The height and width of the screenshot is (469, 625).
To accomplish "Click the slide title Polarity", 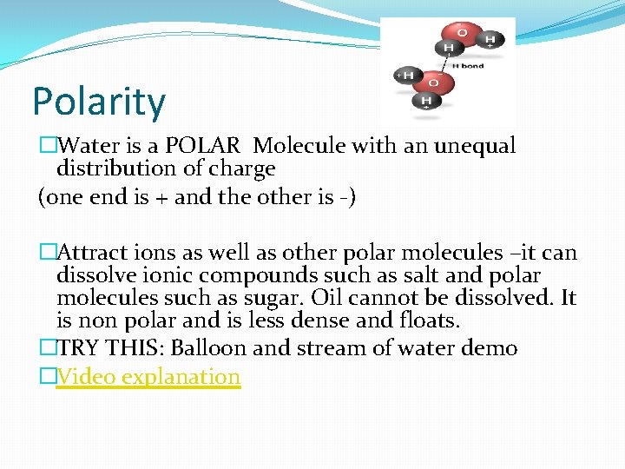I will (x=98, y=102).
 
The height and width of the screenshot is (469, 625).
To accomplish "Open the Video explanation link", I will (x=148, y=377).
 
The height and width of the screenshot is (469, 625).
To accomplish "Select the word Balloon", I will (x=207, y=349).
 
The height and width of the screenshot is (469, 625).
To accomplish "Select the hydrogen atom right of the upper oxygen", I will (x=490, y=39).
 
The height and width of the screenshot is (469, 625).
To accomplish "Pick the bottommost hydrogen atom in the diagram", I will (x=426, y=102).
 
